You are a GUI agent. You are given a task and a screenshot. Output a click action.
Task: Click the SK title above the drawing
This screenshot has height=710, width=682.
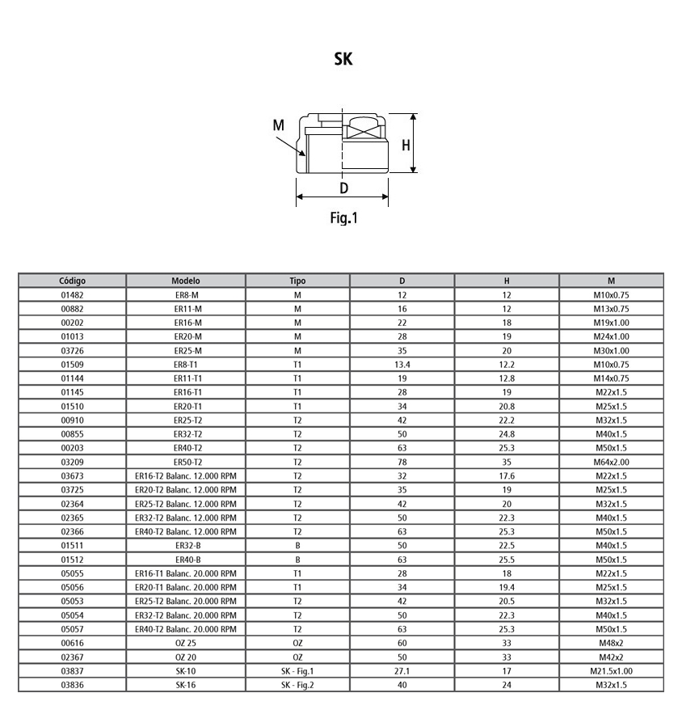coord(343,59)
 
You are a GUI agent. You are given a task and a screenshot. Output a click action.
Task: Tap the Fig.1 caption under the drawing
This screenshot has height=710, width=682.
coord(343,217)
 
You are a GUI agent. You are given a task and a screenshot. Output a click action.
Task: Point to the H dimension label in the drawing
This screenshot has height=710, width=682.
coord(406,146)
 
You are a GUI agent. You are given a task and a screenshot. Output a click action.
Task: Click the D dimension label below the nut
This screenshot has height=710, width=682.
coord(343,188)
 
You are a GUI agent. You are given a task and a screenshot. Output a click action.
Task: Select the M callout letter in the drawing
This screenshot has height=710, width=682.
coord(279,125)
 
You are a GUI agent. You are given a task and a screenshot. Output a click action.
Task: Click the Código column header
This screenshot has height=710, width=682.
coord(73,281)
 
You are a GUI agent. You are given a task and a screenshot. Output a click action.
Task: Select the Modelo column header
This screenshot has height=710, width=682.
coord(186,281)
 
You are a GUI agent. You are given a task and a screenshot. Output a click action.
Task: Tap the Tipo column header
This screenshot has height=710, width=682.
coord(297,281)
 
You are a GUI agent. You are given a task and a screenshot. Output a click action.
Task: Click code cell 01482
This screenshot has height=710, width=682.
coord(73,294)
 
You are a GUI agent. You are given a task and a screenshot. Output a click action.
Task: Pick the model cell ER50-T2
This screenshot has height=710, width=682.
coord(186,462)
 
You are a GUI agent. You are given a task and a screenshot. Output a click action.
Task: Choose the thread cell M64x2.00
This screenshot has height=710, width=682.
coord(611,462)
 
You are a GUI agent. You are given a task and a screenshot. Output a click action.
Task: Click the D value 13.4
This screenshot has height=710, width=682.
coord(402,364)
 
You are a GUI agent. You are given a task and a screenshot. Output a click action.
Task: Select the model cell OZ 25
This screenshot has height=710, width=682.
coord(186,643)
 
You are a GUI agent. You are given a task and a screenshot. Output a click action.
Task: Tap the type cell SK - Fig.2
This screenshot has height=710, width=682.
coord(297,685)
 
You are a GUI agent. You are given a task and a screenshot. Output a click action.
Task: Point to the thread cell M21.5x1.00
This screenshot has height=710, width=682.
coord(611,671)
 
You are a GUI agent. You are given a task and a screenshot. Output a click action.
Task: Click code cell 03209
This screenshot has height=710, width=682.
coord(73,462)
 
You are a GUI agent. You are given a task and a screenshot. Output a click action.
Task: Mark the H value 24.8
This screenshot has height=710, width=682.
coord(507,433)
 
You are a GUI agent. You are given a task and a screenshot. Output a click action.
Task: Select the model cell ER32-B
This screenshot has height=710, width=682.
coord(186,545)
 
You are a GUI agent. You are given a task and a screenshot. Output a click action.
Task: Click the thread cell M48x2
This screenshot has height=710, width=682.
coord(611,643)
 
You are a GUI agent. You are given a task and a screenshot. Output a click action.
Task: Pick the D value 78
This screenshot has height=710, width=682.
coord(402,462)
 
